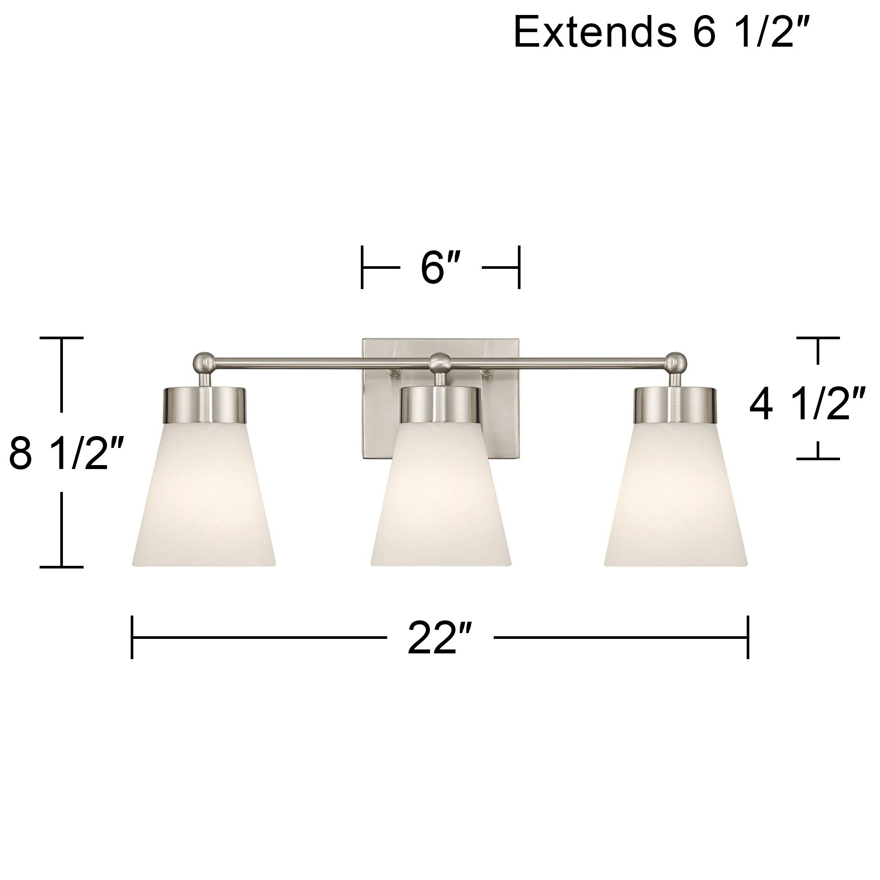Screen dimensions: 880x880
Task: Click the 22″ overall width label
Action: (x=439, y=638)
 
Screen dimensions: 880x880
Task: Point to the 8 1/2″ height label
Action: (x=66, y=453)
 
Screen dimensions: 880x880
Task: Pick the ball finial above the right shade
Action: (x=675, y=363)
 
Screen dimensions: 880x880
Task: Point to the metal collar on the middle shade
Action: (x=440, y=404)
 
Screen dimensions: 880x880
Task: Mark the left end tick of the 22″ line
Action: (x=132, y=637)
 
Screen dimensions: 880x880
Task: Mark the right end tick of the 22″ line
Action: (x=748, y=637)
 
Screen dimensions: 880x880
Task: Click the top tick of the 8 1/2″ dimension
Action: (x=62, y=338)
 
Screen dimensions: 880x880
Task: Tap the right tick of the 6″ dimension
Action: (x=519, y=268)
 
